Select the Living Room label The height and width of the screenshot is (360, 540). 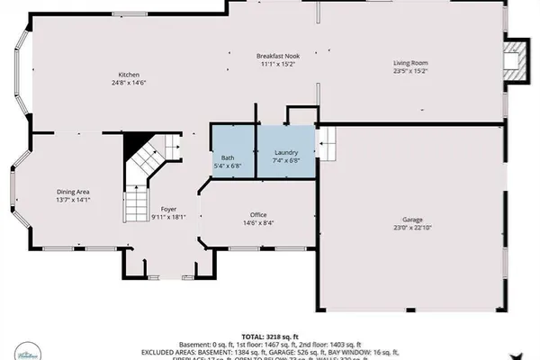409,63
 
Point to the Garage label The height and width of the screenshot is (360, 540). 413,220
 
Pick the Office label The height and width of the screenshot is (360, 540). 258,214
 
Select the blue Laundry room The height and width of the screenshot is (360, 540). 286,150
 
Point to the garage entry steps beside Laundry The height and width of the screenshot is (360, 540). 328,141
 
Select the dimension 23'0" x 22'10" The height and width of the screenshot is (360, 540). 413,229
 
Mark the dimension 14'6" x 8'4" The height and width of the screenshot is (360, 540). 258,223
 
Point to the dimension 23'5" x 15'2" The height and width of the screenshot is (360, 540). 409,71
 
